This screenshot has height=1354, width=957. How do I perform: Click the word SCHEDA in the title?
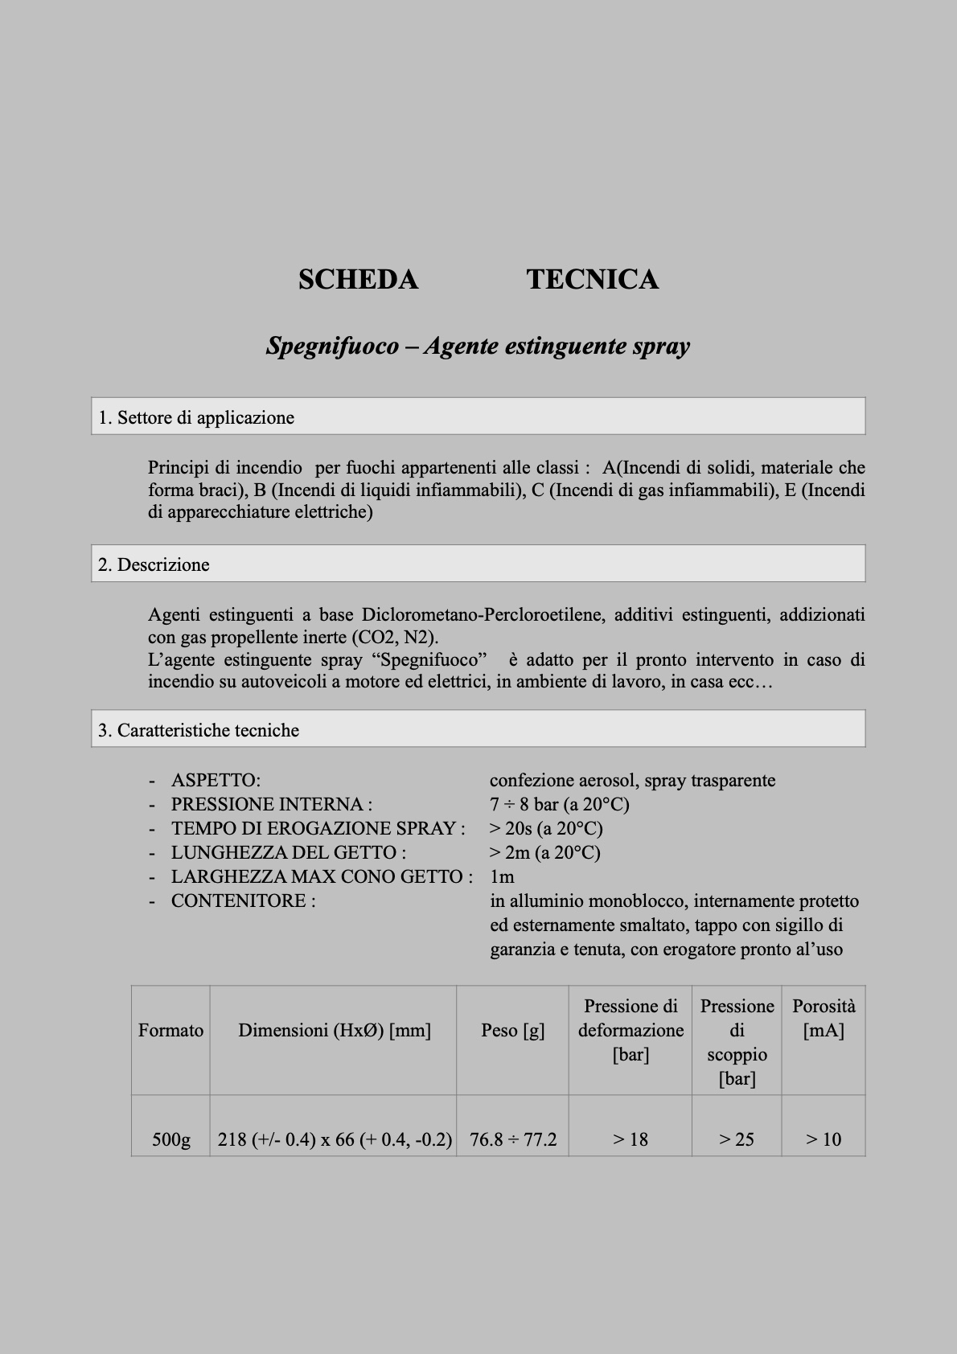[x=358, y=280]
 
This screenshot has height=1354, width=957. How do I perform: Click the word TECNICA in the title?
[x=593, y=280]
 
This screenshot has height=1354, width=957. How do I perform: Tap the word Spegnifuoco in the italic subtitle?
[x=333, y=347]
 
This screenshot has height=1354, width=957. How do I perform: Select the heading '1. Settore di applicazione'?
[x=196, y=417]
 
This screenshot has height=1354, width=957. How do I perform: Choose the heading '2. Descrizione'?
[x=154, y=564]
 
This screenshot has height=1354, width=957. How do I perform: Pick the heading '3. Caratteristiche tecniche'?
[x=199, y=730]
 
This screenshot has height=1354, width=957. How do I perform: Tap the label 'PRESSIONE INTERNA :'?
[x=272, y=804]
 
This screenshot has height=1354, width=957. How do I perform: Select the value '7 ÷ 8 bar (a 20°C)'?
[x=559, y=804]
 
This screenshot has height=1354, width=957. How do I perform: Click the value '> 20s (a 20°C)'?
[x=546, y=828]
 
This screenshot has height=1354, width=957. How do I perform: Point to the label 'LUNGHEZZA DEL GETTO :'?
[x=289, y=852]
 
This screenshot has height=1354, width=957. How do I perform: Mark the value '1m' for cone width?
[x=502, y=876]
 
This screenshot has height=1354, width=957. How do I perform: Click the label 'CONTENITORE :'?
[x=243, y=901]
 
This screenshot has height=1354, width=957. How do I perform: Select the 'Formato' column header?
[x=170, y=1030]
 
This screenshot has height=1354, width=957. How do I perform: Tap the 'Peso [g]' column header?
[x=512, y=1030]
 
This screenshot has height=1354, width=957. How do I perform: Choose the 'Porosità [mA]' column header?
[x=824, y=1018]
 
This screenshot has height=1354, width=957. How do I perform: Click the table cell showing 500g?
[x=171, y=1139]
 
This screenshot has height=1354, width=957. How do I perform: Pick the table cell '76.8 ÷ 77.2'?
[x=513, y=1139]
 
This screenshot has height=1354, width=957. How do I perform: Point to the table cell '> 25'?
[x=737, y=1139]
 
